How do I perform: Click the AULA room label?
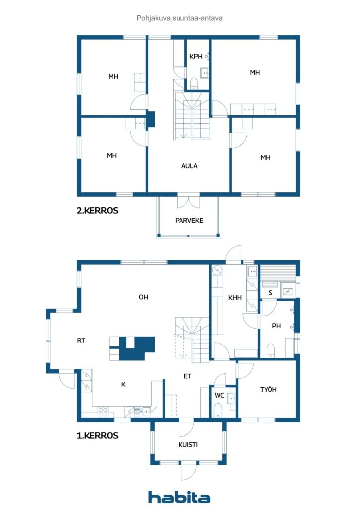pyautogui.click(x=189, y=166)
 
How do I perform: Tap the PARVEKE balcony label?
pyautogui.click(x=189, y=220)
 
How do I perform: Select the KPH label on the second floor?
pyautogui.click(x=196, y=57)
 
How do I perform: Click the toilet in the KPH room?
pyautogui.click(x=194, y=84)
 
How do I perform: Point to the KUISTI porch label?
pyautogui.click(x=188, y=445)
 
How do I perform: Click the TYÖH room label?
pyautogui.click(x=268, y=389)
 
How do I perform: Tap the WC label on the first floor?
pyautogui.click(x=219, y=395)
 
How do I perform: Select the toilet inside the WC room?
pyautogui.click(x=217, y=410)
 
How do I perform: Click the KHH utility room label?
pyautogui.click(x=235, y=297)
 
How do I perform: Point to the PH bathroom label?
pyautogui.click(x=276, y=326)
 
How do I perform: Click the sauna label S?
pyautogui.click(x=270, y=293)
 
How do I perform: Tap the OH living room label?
pyautogui.click(x=143, y=297)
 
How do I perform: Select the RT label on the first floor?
pyautogui.click(x=81, y=340)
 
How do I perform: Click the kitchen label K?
pyautogui.click(x=123, y=384)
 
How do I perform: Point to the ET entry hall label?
pyautogui.click(x=187, y=376)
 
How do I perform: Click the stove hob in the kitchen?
pyautogui.click(x=103, y=412)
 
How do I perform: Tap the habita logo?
pyautogui.click(x=179, y=497)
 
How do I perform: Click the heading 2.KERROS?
pyautogui.click(x=97, y=210)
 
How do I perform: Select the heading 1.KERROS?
pyautogui.click(x=97, y=435)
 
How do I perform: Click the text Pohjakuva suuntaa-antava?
pyautogui.click(x=180, y=18)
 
